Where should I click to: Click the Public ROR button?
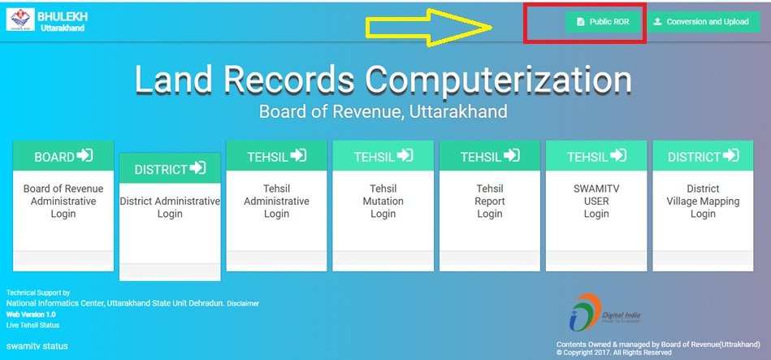coord(603,22)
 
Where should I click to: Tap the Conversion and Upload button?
coord(704,22)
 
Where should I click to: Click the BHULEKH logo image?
coord(20,20)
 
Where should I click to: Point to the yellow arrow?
coord(429,27)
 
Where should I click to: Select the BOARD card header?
coord(63,156)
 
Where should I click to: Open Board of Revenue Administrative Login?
coord(63,202)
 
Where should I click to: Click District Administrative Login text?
coord(170,207)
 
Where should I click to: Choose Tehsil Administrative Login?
coord(276,202)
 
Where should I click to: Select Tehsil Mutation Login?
coord(383,202)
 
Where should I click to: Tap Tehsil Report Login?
coord(490,202)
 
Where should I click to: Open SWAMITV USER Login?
coord(596,202)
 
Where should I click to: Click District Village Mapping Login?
coord(703,202)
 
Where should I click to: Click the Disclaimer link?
coord(243,303)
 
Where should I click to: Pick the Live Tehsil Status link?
coord(32,325)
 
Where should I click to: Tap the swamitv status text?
coord(37,346)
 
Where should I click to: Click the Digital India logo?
coord(604,312)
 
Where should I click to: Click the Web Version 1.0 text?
coord(31,314)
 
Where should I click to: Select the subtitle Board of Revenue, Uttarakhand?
coord(383,111)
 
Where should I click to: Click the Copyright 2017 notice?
coord(614,353)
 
